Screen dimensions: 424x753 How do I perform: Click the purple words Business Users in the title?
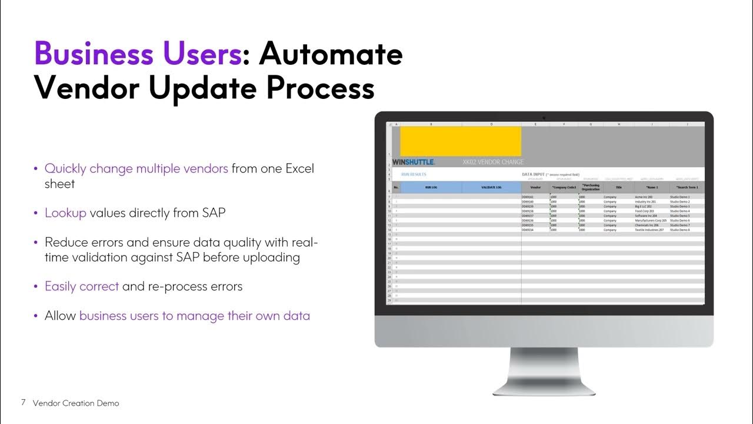137,54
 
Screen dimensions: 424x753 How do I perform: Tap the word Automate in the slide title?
331,54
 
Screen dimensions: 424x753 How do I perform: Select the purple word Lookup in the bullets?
65,213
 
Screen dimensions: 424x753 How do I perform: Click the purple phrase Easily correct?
82,286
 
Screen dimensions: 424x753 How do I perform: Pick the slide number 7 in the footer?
23,403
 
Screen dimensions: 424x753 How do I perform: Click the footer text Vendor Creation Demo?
76,403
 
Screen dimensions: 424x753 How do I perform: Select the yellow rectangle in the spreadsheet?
461,141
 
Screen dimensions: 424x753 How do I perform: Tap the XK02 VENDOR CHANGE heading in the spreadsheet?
493,162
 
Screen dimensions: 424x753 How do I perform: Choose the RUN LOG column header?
431,187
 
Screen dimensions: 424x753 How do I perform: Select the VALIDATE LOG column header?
491,187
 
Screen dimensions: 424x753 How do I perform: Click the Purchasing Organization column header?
590,187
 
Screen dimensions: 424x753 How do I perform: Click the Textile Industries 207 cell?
650,230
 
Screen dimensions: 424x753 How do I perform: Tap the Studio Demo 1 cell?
680,197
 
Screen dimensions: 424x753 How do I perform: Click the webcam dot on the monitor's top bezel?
544,117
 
